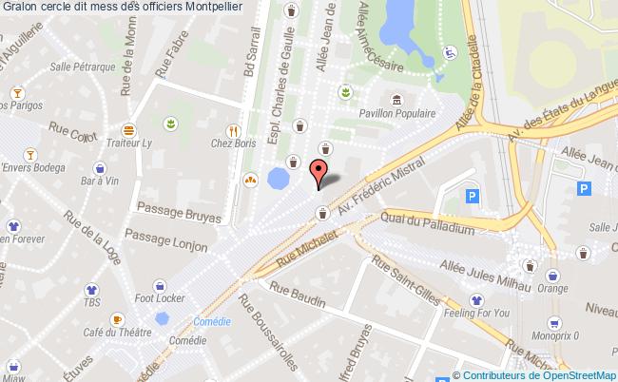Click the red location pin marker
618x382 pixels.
[x=320, y=172]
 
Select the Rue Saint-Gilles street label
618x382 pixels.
[x=405, y=279]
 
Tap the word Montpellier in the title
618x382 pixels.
[x=209, y=8]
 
